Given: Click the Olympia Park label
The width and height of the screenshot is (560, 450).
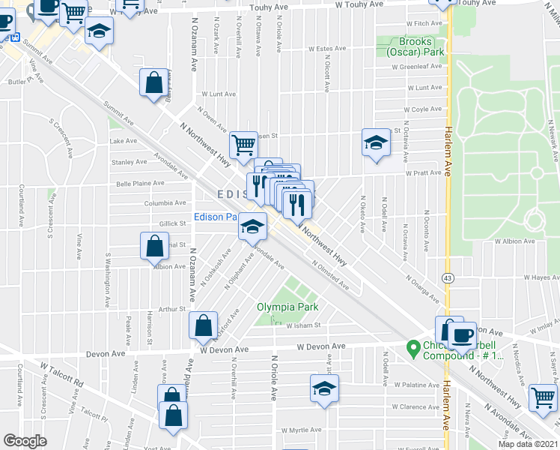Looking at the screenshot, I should coord(287,307).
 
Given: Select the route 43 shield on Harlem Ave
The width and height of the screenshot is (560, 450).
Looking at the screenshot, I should coord(447,277).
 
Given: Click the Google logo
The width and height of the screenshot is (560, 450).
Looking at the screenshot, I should coord(25,441).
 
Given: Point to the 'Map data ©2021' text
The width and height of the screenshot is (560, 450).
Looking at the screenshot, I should coord(528,444).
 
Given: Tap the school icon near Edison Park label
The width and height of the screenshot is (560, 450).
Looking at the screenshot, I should coord(253,226).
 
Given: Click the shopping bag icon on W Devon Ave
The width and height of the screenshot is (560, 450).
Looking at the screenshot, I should coord(204,325).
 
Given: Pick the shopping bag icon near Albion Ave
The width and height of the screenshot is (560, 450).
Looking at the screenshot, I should coord(153,246).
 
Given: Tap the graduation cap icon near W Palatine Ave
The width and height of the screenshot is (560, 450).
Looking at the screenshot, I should coord(324,388).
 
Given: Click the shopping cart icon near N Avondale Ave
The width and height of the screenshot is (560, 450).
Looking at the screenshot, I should coord(544,397).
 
